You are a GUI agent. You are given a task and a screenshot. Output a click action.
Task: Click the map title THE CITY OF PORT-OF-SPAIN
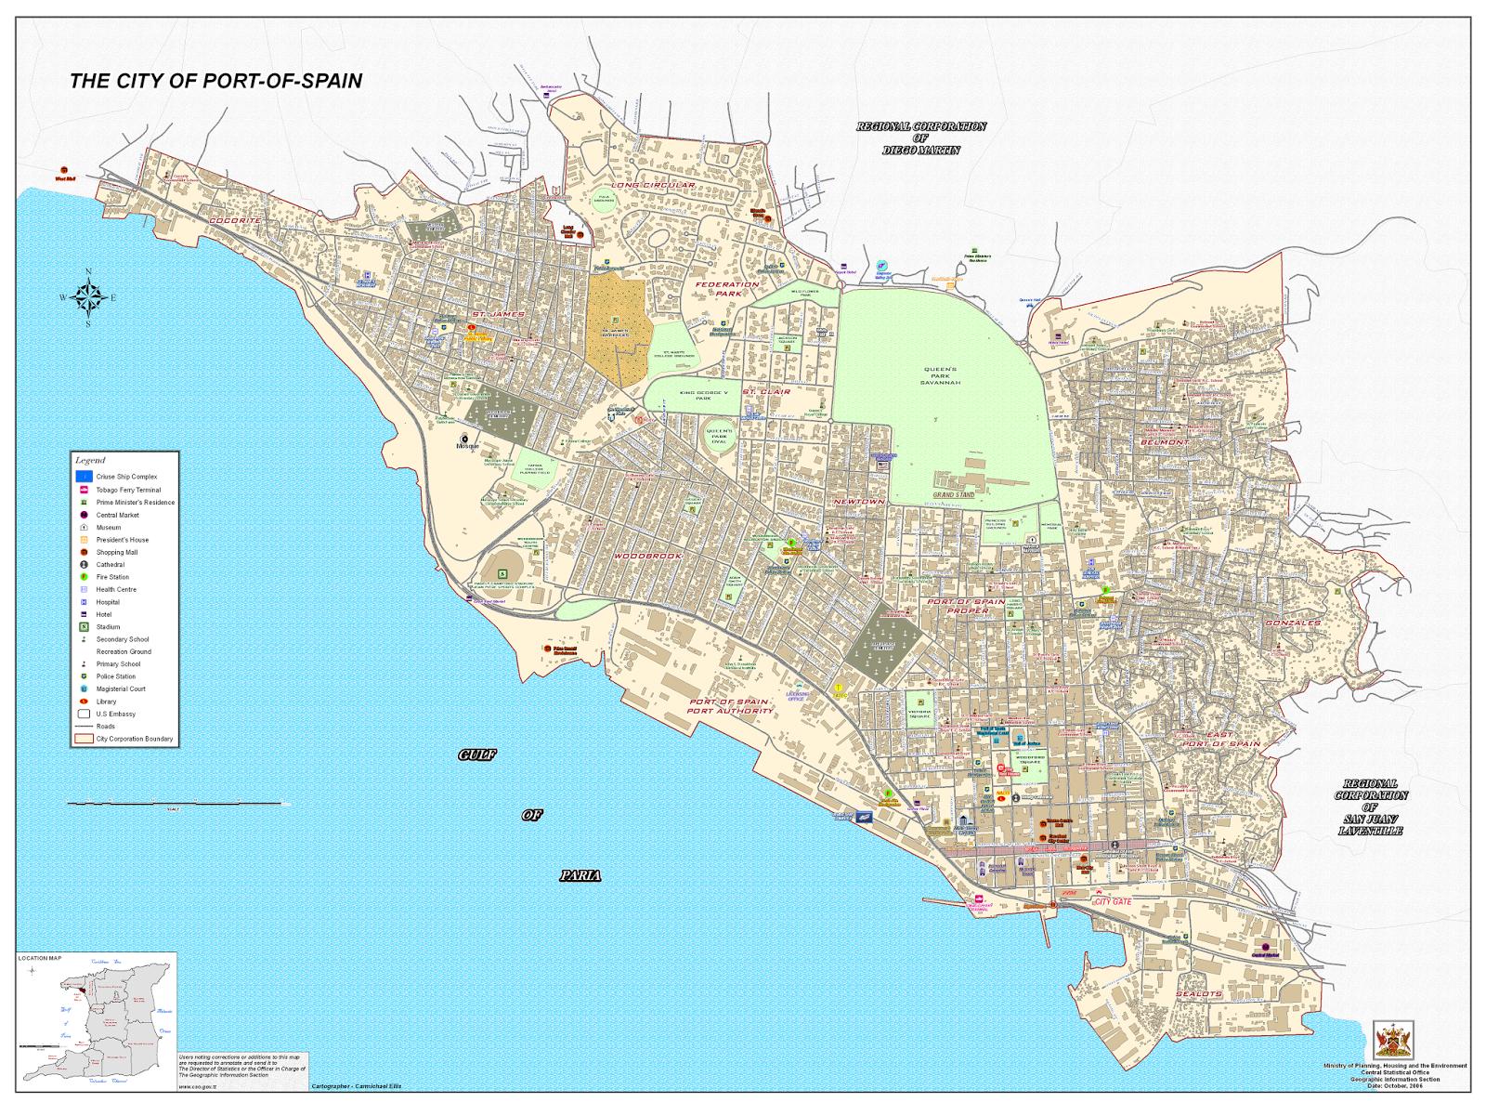click(215, 81)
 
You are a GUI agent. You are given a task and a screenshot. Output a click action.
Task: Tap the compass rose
click(89, 297)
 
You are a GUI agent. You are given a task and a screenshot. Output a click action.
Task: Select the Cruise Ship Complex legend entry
click(126, 477)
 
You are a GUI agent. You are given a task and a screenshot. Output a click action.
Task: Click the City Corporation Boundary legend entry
click(134, 739)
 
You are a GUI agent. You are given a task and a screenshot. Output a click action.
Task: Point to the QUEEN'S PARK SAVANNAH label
click(940, 375)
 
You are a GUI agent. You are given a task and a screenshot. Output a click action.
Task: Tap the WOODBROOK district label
click(647, 556)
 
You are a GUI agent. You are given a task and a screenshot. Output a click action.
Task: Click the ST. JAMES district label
click(498, 314)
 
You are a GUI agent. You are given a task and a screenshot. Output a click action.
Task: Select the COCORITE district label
click(235, 220)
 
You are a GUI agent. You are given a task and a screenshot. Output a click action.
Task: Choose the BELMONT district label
click(1165, 442)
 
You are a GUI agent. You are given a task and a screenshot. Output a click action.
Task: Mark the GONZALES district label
click(1293, 623)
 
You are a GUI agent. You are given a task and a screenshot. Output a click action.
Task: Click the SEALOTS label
click(1198, 993)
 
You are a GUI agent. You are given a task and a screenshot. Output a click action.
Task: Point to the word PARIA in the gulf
click(580, 875)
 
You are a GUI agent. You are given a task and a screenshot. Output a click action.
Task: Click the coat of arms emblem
click(1392, 1040)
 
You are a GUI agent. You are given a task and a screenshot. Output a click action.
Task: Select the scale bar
click(176, 803)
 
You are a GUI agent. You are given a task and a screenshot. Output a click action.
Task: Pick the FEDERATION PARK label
click(727, 289)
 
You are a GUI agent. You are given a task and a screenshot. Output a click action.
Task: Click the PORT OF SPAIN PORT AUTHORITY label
click(730, 706)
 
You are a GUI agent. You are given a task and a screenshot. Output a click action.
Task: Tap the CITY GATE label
click(1113, 901)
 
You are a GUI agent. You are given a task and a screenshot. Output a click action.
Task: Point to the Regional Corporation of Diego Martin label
click(920, 138)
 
